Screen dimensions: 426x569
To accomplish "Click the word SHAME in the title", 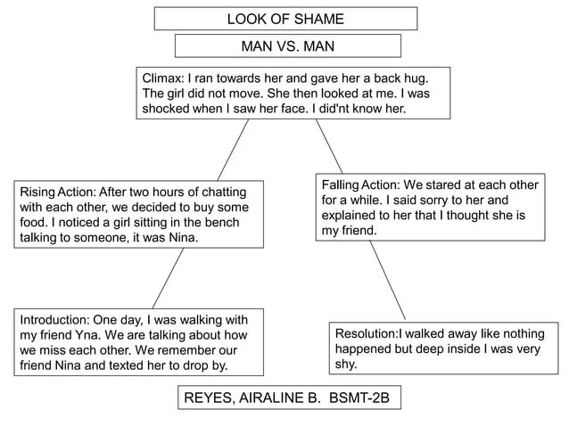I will click(x=314, y=19).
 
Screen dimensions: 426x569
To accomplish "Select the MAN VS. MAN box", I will click(x=287, y=45).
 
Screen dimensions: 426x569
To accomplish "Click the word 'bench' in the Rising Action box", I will click(x=218, y=222).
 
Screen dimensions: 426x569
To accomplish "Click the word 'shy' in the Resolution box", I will click(x=345, y=364).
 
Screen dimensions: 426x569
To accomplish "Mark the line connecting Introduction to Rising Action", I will click(x=168, y=277).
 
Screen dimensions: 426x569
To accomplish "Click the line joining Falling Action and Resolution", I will click(x=387, y=280).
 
